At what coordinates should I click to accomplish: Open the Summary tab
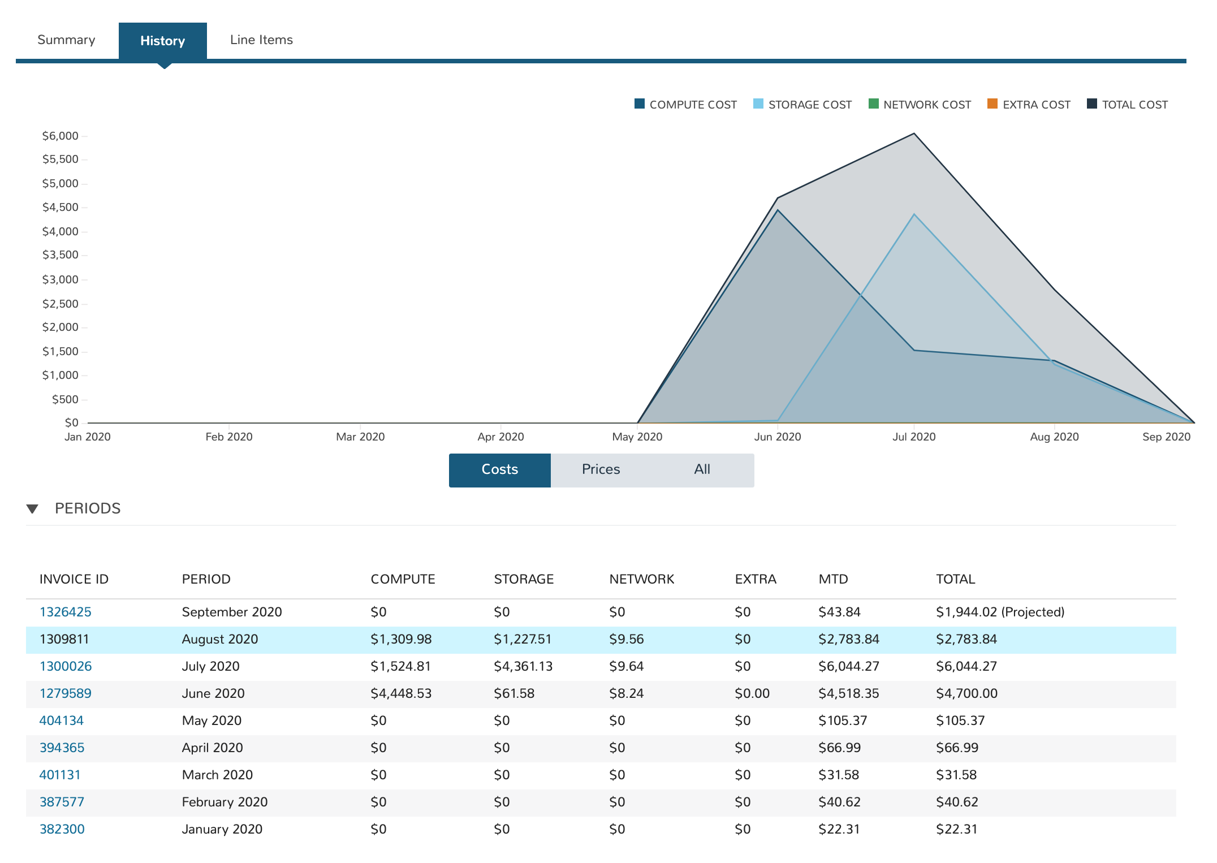(x=66, y=40)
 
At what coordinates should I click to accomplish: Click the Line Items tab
(x=261, y=40)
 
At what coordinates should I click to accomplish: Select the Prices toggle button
(x=601, y=469)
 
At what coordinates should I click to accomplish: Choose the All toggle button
(x=702, y=469)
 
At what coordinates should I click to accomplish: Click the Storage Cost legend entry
(x=802, y=105)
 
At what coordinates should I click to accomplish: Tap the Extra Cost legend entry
(x=1029, y=105)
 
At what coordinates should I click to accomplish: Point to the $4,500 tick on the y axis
(x=61, y=208)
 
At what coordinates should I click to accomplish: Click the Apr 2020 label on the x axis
(x=500, y=437)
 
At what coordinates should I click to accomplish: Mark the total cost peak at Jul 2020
(x=914, y=134)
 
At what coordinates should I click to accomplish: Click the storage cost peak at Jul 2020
(x=914, y=215)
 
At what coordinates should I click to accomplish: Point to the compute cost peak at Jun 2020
(x=778, y=210)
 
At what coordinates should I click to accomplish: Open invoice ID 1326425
(x=66, y=612)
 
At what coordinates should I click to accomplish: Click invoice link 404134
(x=62, y=720)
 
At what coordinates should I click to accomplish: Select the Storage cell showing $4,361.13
(x=523, y=666)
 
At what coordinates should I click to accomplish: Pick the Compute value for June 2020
(x=401, y=693)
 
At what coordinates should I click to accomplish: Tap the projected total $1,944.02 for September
(x=1000, y=612)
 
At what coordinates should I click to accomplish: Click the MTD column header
(x=833, y=579)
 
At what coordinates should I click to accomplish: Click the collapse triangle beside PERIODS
(x=33, y=509)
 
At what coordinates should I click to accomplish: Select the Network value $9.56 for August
(x=627, y=639)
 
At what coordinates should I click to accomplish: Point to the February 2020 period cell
(x=225, y=802)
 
